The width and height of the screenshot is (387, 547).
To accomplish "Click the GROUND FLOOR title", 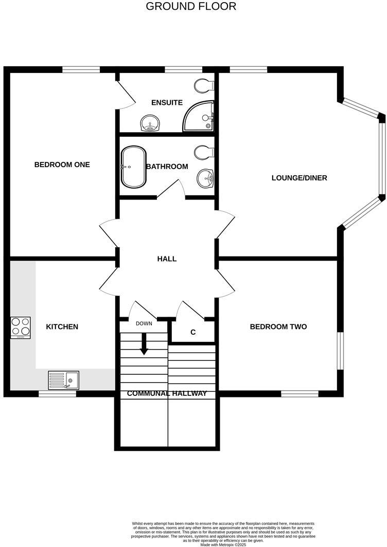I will tap(191, 7).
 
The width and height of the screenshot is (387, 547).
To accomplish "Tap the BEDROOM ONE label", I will tap(62, 165).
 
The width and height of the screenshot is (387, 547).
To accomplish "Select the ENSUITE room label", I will tap(167, 102).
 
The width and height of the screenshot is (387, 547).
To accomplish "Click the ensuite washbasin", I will tap(150, 123).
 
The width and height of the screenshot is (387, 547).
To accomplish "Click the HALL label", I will tap(167, 259).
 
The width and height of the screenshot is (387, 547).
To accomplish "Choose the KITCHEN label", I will tap(62, 326).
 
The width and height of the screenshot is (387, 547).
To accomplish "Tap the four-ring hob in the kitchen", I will tap(21, 327).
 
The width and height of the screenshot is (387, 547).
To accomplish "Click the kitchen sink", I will tap(63, 380).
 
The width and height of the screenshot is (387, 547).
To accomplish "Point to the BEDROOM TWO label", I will tap(278, 326).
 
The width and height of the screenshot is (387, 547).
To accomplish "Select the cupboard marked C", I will tap(193, 332).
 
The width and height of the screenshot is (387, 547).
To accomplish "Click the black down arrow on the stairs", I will tap(144, 344).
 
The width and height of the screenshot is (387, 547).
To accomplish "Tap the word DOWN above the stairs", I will tap(144, 323).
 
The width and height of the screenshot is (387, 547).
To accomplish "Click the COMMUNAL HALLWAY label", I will tap(167, 393).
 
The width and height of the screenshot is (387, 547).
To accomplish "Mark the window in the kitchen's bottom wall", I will tap(58, 394).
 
